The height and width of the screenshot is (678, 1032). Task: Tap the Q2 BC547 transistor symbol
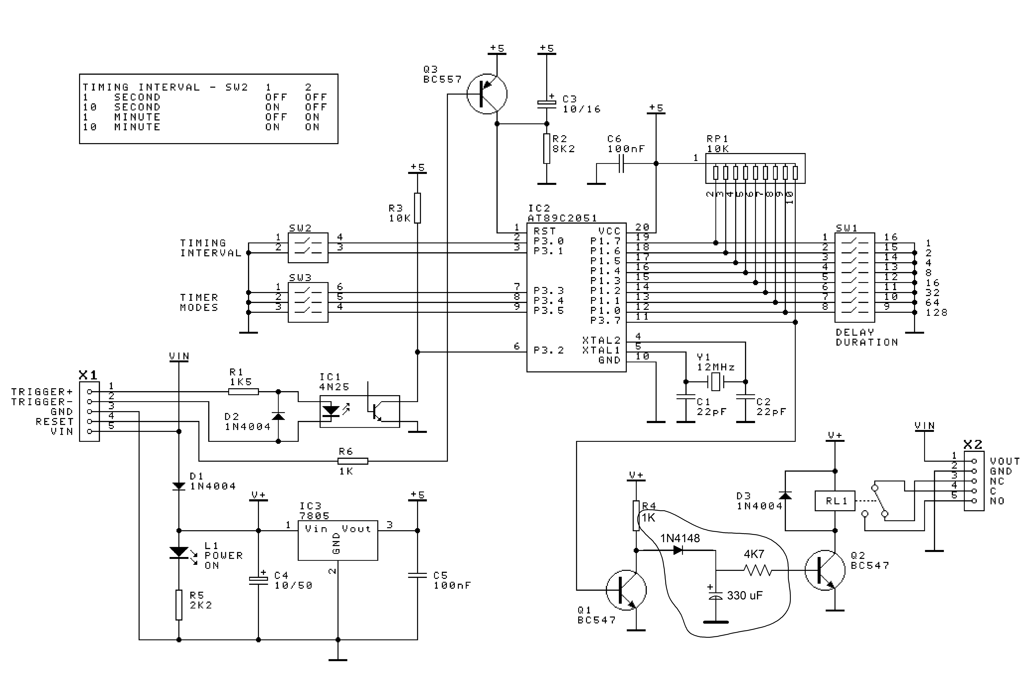point(825,570)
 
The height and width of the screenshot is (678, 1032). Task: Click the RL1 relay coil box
point(835,501)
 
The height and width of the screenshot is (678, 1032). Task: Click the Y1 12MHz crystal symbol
point(715,382)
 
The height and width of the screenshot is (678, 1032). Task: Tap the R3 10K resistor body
point(417,208)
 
